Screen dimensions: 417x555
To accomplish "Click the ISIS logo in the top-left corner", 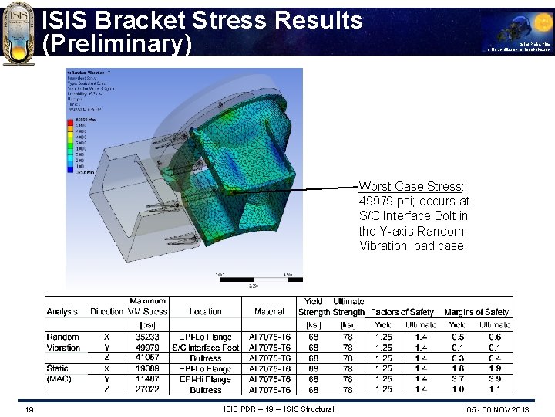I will point(18,32).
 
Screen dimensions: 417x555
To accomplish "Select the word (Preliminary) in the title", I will point(116,44).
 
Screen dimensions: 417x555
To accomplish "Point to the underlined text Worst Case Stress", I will point(411,187).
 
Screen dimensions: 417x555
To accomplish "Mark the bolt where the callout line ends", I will point(231,190).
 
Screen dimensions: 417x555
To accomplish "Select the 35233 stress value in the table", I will point(148,337).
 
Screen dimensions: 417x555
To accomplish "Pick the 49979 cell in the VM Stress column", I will point(148,348).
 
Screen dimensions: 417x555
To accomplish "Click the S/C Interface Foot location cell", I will point(206,348).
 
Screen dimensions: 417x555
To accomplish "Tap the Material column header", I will point(269,312).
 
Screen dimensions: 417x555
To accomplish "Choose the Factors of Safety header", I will point(402,312).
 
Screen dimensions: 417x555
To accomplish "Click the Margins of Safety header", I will point(476,312).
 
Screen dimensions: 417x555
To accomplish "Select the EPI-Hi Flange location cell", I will point(206,380).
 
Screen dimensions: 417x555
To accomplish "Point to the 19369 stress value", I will point(148,369).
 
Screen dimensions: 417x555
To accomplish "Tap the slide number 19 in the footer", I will point(29,409).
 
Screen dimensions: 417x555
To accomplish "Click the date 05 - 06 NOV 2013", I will point(498,409).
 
